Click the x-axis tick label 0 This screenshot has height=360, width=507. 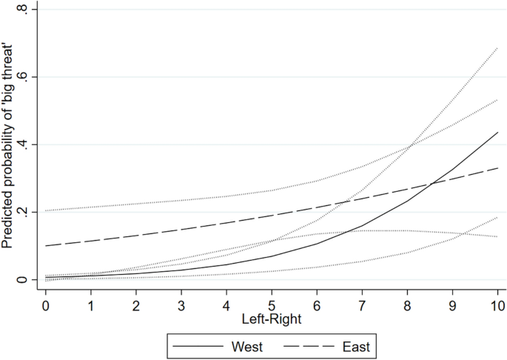[x=46, y=304]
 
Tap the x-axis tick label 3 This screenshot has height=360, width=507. [x=181, y=304]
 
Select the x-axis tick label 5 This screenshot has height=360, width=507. [x=272, y=304]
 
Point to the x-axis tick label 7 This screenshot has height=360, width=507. [x=362, y=304]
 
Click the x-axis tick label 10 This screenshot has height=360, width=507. [x=497, y=304]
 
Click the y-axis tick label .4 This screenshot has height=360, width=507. [x=27, y=144]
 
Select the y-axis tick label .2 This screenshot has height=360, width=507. [x=27, y=212]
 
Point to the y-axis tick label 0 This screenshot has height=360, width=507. [x=27, y=280]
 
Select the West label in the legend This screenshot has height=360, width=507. [x=249, y=345]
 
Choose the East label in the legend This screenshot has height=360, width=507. [x=355, y=345]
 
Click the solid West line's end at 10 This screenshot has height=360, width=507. [x=497, y=133]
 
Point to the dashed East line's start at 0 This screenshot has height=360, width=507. [x=46, y=245]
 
